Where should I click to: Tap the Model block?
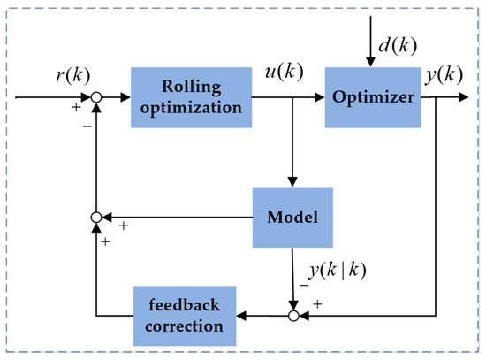click(292, 215)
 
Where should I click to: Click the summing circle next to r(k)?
click(97, 96)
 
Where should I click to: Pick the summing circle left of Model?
click(97, 215)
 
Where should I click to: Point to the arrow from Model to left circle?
click(177, 215)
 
